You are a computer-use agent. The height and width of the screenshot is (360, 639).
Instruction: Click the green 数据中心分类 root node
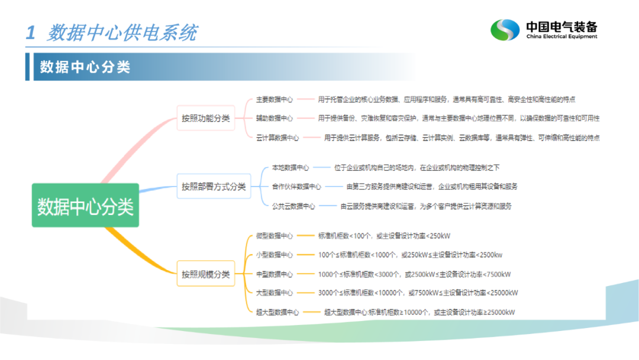pyautogui.click(x=85, y=205)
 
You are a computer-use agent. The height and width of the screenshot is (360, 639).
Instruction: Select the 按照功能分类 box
pyautogui.click(x=206, y=118)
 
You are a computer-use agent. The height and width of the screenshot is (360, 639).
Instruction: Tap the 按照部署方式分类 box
pyautogui.click(x=214, y=187)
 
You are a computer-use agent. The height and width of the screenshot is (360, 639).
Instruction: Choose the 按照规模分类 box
pyautogui.click(x=206, y=274)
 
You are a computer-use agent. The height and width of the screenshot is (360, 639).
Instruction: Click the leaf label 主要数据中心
pyautogui.click(x=275, y=99)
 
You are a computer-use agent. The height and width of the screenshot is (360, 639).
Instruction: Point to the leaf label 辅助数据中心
pyautogui.click(x=275, y=118)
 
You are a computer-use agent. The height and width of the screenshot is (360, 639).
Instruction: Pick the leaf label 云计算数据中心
pyautogui.click(x=277, y=138)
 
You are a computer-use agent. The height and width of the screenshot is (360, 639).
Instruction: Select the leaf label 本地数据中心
pyautogui.click(x=290, y=168)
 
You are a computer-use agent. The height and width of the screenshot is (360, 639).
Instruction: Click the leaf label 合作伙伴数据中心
pyautogui.click(x=296, y=187)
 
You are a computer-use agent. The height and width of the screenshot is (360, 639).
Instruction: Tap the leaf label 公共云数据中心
pyautogui.click(x=293, y=206)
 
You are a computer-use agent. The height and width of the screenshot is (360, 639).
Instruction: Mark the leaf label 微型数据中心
pyautogui.click(x=275, y=236)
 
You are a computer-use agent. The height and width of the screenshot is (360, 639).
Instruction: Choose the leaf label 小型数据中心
pyautogui.click(x=275, y=255)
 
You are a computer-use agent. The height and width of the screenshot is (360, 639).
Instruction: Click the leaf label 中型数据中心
pyautogui.click(x=275, y=274)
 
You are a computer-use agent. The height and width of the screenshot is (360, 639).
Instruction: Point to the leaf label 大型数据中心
pyautogui.click(x=275, y=292)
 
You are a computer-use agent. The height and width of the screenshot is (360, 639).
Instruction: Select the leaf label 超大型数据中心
pyautogui.click(x=277, y=312)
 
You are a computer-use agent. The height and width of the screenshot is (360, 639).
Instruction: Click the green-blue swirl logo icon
pyautogui.click(x=505, y=30)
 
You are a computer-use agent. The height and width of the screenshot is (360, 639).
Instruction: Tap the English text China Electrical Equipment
pyautogui.click(x=561, y=36)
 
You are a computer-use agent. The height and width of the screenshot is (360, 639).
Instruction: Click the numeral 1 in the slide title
pyautogui.click(x=31, y=33)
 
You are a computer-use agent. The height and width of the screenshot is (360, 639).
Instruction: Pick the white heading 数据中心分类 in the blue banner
pyautogui.click(x=85, y=67)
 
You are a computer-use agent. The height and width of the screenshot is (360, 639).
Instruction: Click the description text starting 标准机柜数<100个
pyautogui.click(x=384, y=236)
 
